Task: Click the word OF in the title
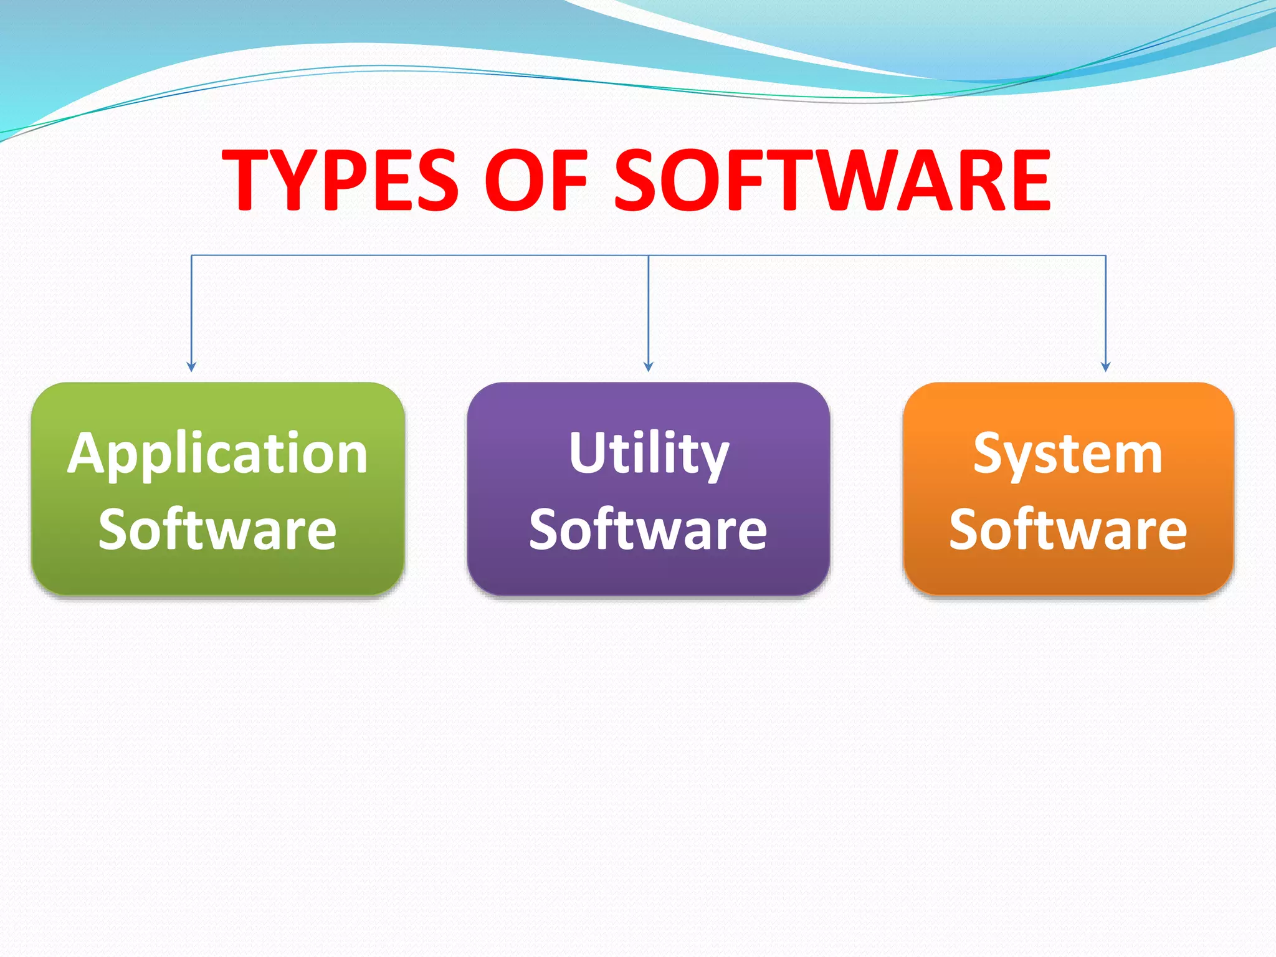pos(536,180)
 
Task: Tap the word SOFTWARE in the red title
pos(832,180)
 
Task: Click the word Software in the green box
pos(218,529)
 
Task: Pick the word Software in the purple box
pos(648,529)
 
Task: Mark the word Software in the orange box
pos(1068,529)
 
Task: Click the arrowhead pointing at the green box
pos(191,367)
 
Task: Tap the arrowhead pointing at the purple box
pos(649,367)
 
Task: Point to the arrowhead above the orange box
pos(1106,367)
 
